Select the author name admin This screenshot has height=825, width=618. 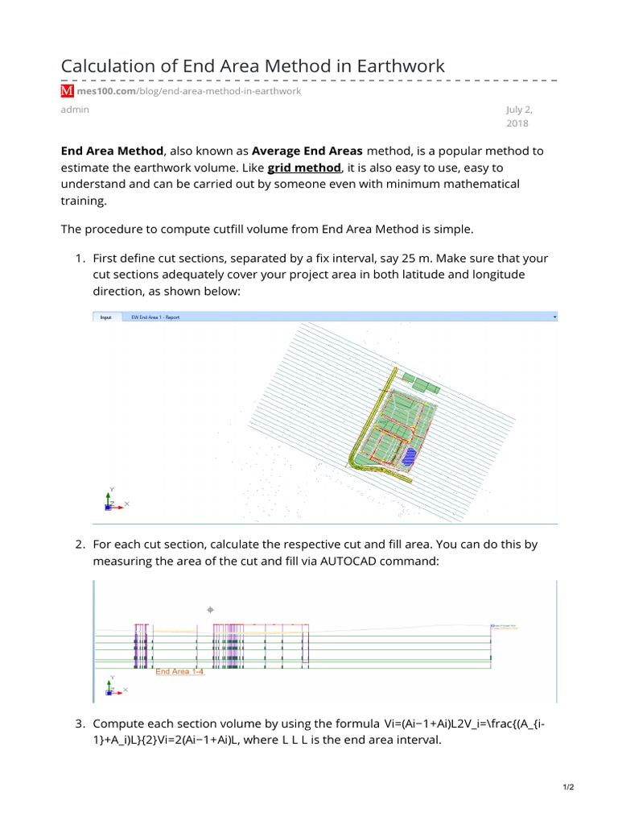coord(75,110)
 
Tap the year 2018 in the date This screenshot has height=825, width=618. coord(517,124)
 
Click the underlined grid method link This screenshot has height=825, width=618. coord(307,168)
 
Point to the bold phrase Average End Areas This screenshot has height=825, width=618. coord(307,151)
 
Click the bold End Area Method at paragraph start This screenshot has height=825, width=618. coord(112,151)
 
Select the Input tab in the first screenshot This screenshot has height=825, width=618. coord(105,317)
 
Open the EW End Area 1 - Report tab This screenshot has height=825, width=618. coord(155,317)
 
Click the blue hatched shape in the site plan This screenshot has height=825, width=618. coord(410,457)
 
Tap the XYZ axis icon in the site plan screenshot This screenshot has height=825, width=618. coord(112,501)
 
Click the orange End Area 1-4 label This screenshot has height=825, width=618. coord(179,671)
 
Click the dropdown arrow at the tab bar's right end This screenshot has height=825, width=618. coord(555,317)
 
